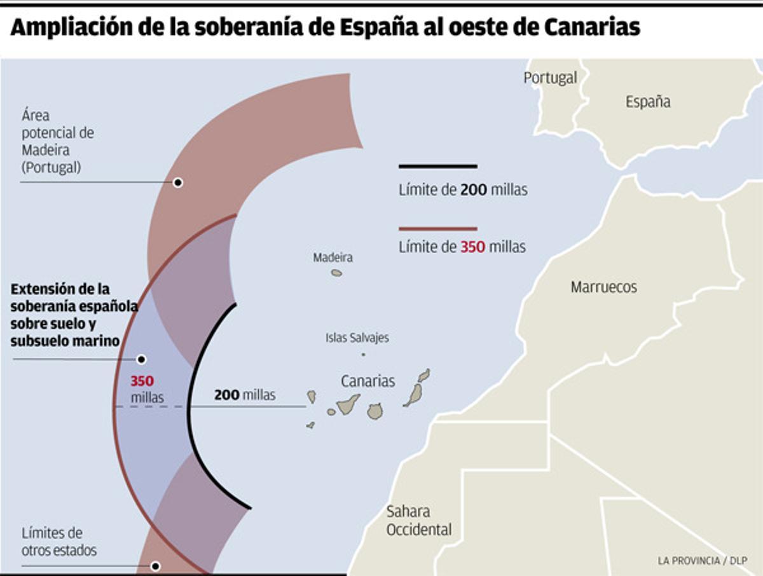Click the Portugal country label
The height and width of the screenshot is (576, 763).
(x=550, y=78)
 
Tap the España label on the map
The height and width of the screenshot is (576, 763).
(x=647, y=102)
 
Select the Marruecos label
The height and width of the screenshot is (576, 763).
(x=603, y=287)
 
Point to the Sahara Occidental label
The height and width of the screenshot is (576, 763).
(x=418, y=520)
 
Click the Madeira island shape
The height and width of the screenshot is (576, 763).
(x=336, y=273)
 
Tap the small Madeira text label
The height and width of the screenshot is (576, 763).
(x=333, y=257)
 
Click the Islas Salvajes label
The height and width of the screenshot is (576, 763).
(x=357, y=338)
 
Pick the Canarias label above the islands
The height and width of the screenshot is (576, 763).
(x=368, y=381)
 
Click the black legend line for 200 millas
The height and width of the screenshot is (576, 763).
(x=437, y=167)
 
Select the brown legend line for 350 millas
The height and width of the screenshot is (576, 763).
(x=437, y=228)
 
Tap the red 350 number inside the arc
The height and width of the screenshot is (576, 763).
(x=142, y=381)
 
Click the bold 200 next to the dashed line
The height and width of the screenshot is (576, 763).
(x=226, y=395)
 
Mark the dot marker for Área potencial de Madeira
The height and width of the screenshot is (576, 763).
(x=178, y=182)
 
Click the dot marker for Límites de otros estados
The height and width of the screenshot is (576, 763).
(x=155, y=566)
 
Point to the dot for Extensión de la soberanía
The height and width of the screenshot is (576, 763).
(x=141, y=359)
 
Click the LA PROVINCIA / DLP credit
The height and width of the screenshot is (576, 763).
(x=702, y=561)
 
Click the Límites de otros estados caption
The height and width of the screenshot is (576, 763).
(x=59, y=542)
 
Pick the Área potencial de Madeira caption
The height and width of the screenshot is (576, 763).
(x=57, y=142)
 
